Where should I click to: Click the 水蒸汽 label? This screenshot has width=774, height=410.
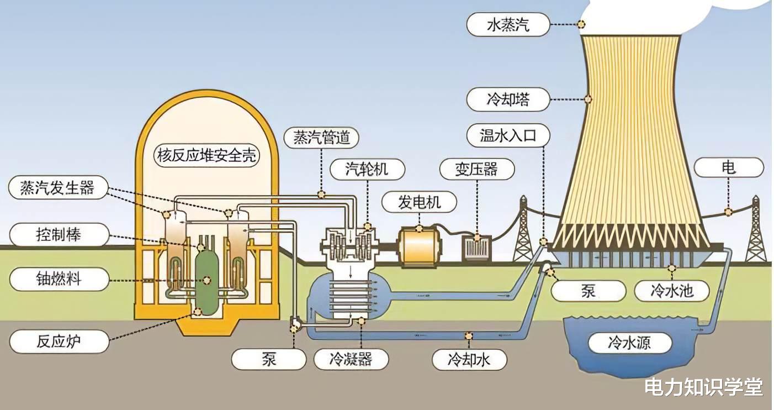point(508,24)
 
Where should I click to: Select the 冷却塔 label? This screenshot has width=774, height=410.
point(508,99)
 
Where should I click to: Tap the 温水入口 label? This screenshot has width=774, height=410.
point(508,135)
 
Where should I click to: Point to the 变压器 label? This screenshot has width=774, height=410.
point(477,170)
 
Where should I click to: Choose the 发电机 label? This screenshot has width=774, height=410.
point(419,202)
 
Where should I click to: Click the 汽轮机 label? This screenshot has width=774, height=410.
point(367,170)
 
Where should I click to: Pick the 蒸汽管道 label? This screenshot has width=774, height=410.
point(321,138)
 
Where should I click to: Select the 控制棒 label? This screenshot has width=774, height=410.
point(59,235)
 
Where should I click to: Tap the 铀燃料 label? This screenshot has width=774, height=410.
point(59,279)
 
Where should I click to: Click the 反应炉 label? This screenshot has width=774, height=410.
point(59,341)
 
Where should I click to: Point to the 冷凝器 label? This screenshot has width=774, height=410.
point(351,360)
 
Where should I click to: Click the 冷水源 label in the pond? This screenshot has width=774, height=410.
point(629,343)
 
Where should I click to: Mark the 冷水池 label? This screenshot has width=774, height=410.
point(672,291)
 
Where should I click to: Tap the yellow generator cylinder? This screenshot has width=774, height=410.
point(420,247)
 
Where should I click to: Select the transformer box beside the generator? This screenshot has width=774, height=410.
point(477,248)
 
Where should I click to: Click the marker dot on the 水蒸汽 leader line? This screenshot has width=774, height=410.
point(581,24)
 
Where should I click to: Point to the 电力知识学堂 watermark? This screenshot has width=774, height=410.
point(703,387)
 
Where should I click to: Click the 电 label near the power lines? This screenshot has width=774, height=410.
point(729,167)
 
